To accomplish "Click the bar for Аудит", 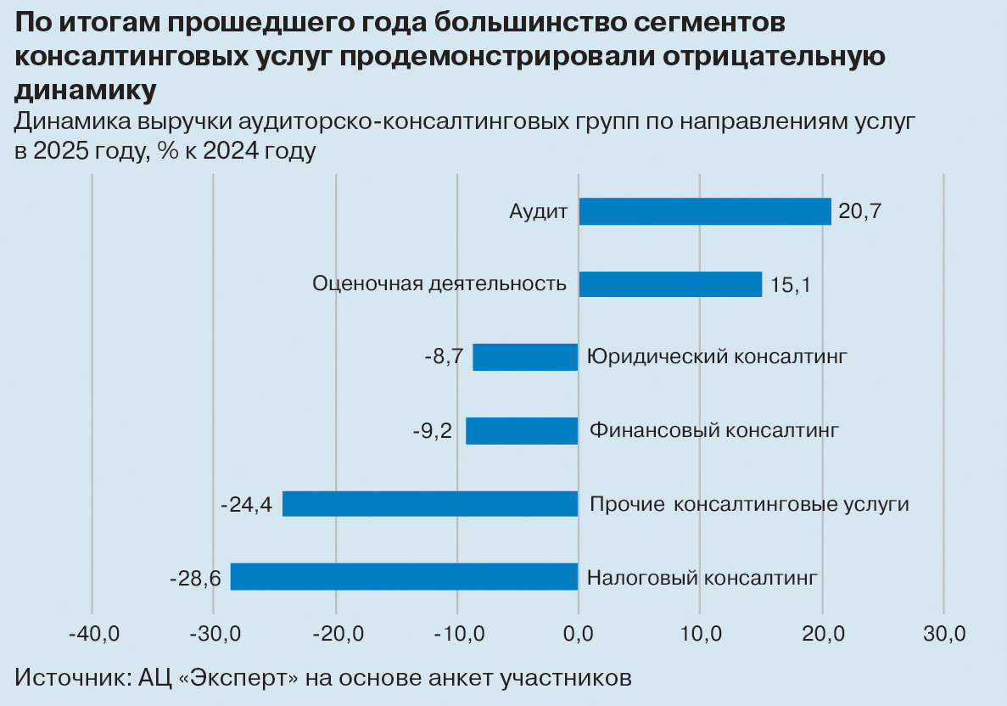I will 705,211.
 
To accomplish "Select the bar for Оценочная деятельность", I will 670,283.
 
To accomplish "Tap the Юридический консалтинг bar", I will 525,356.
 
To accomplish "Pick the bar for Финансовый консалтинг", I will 522,430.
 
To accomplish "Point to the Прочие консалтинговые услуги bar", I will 430,503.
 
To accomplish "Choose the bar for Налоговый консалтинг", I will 404,576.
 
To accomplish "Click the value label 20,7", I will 859,211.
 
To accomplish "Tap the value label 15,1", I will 791,285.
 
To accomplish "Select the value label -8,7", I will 444,357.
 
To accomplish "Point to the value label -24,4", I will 246,505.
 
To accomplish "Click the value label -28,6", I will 195,578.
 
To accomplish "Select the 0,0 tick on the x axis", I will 578,633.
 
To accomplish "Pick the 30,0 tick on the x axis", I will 943,633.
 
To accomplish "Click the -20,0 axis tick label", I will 336,633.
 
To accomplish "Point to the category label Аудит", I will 538,211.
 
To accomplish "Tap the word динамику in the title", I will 86,90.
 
